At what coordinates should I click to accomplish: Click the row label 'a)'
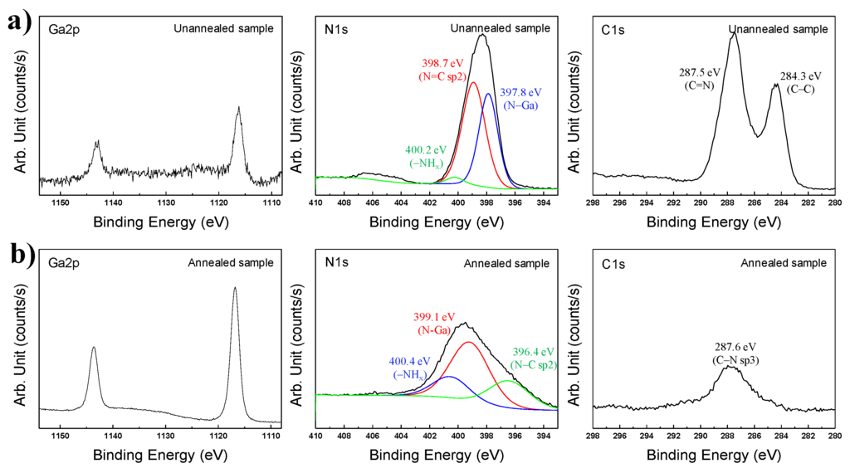17,22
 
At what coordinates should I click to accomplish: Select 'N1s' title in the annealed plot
337,263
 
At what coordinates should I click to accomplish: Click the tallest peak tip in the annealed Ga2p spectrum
235,288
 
